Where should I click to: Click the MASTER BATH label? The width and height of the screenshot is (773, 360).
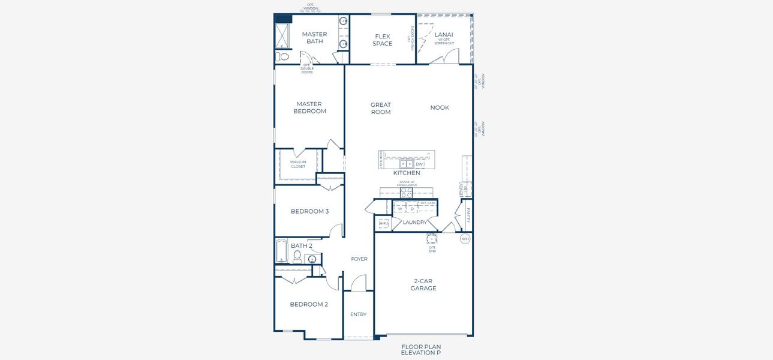314,38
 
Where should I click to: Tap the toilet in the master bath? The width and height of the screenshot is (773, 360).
283,57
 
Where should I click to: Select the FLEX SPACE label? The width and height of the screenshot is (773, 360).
382,40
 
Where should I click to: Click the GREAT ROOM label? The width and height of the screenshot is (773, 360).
380,109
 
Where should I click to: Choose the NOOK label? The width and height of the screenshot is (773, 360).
440,108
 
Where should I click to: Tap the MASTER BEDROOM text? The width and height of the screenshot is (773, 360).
309,107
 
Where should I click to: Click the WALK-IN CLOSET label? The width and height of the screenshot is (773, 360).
298,164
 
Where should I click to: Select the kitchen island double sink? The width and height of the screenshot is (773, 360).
406,164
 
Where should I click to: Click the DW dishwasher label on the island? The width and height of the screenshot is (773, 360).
419,164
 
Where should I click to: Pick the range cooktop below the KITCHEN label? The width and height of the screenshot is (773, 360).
406,193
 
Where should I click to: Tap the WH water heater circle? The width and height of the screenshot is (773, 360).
465,239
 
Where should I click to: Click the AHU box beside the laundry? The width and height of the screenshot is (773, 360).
383,223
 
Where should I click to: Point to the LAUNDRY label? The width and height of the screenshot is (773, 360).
414,223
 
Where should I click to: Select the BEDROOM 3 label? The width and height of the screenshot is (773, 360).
309,211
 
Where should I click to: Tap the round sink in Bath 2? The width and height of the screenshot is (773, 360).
312,260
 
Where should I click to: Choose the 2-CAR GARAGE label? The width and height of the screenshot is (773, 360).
423,284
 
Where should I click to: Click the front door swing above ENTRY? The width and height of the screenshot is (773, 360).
358,283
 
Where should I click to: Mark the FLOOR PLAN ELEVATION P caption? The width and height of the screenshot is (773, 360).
421,350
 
